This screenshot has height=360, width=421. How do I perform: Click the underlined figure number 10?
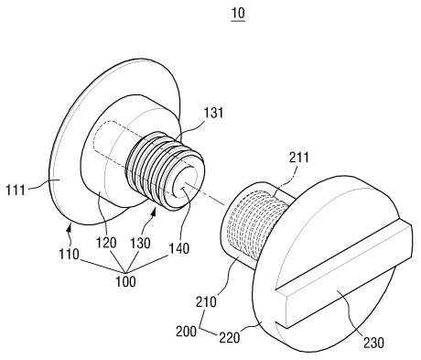[238, 14]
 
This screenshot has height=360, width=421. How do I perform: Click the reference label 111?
[16, 191]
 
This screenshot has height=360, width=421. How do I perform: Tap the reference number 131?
[213, 113]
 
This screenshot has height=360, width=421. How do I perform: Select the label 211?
[299, 158]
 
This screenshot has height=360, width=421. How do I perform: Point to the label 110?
[70, 254]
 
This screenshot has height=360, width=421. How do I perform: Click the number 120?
[106, 243]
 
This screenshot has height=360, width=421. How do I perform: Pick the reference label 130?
[140, 243]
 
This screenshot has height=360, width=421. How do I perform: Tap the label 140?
[179, 248]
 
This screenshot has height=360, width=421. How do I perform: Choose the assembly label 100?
[125, 281]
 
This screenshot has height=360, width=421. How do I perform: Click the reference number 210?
[206, 301]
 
